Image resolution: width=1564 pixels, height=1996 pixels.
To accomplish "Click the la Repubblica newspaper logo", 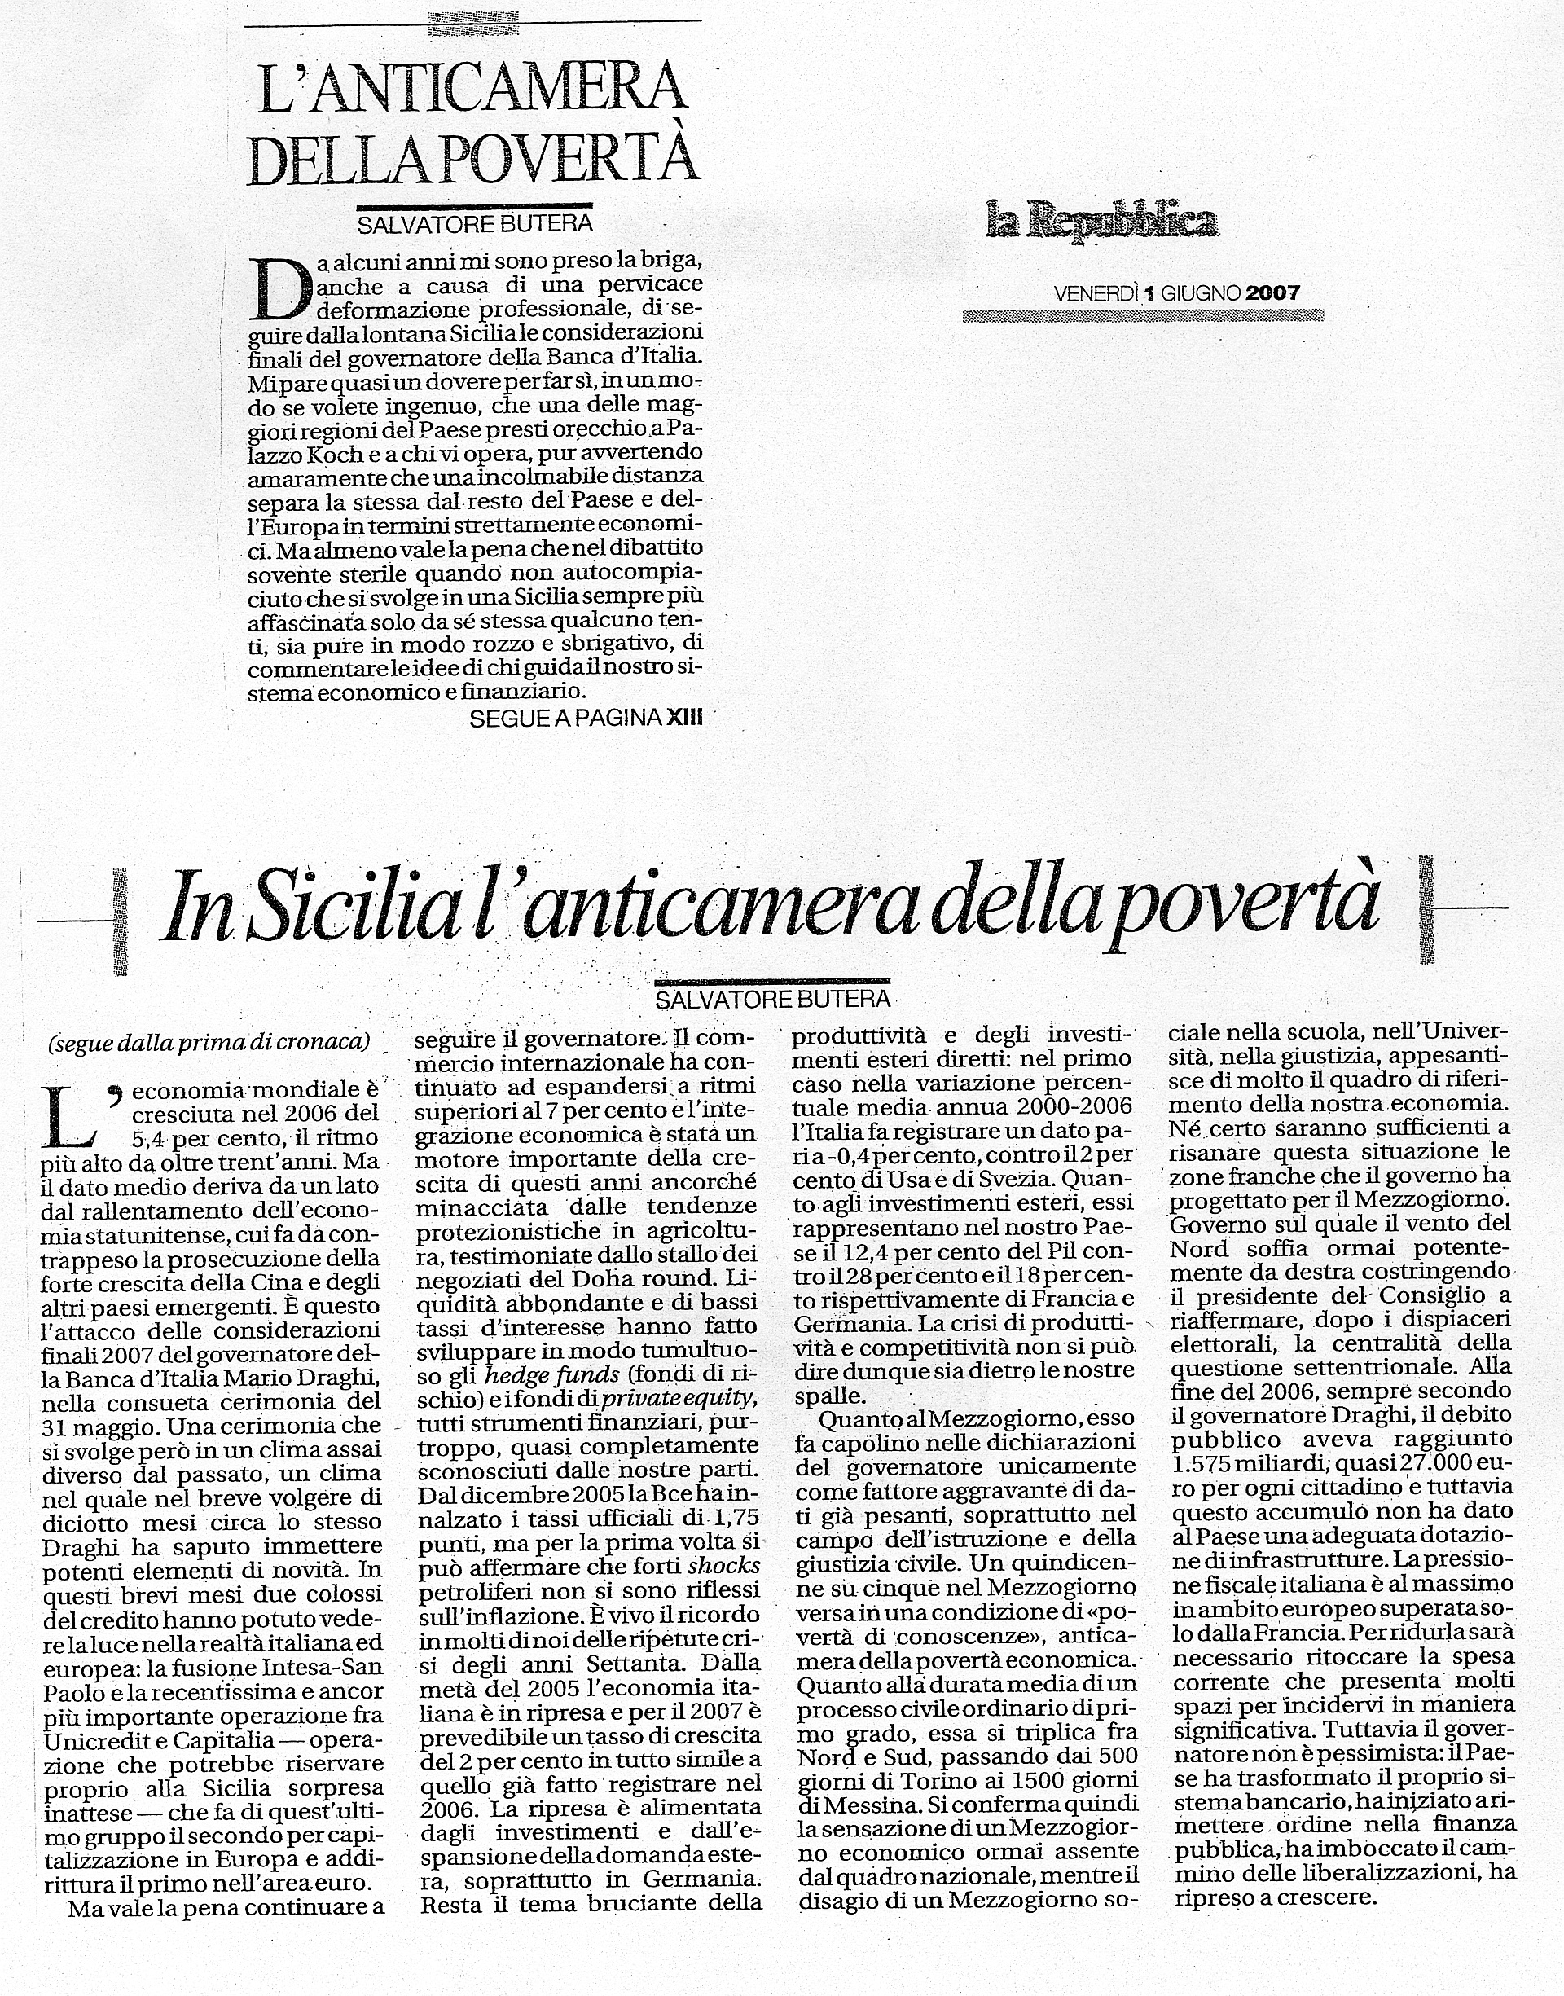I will (1101, 222).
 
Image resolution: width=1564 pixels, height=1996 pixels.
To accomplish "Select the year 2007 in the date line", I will (1273, 293).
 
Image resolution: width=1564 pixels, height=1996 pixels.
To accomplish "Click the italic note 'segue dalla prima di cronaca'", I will (209, 1042).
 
